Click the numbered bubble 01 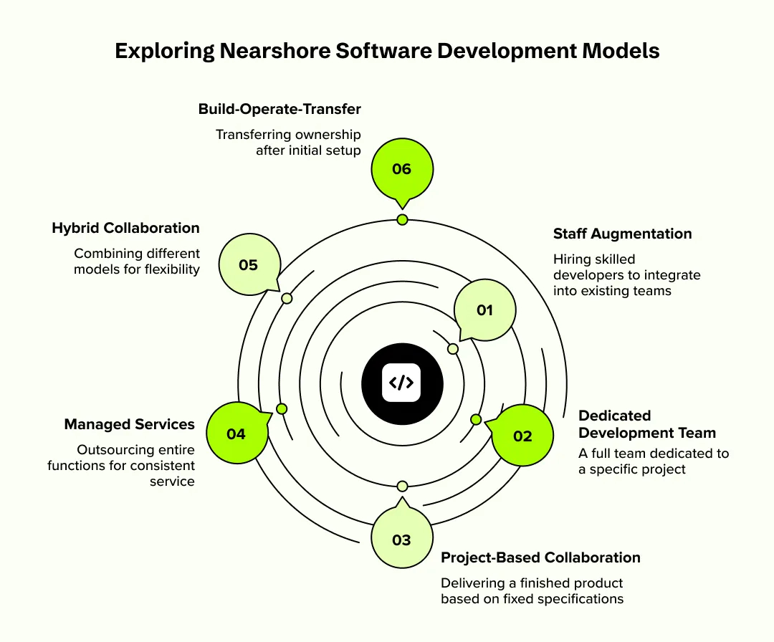click(485, 310)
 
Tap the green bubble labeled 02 click(522, 436)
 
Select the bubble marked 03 click(401, 539)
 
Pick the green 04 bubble click(236, 433)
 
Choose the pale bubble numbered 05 click(248, 264)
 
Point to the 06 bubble click(401, 169)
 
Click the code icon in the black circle click(401, 382)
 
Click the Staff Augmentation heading click(622, 234)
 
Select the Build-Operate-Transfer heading click(279, 109)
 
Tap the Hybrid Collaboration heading click(125, 228)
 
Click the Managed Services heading click(129, 424)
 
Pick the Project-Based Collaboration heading click(540, 557)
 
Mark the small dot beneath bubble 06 click(402, 219)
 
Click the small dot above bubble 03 click(402, 486)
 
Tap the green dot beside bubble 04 click(282, 408)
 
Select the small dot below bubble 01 click(453, 349)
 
